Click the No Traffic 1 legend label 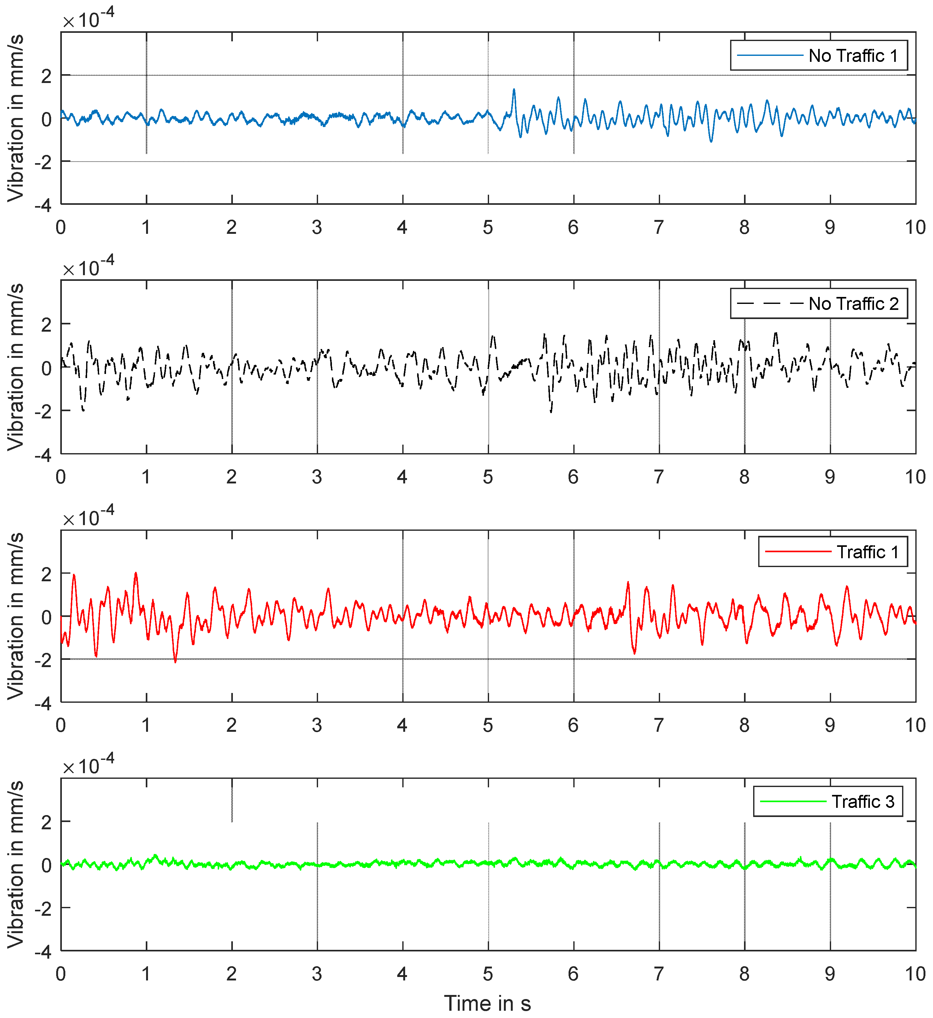[x=853, y=56]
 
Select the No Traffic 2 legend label [x=853, y=304]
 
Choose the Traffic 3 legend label [x=863, y=802]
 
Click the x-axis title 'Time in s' [x=487, y=1003]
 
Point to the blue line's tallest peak [x=514, y=90]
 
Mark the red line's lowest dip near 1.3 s [x=175, y=661]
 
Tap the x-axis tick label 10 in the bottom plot [x=915, y=974]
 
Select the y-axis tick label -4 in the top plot [x=43, y=205]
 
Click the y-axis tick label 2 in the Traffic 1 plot [x=46, y=574]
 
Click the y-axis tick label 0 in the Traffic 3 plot [x=46, y=866]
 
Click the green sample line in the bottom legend [x=793, y=802]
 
